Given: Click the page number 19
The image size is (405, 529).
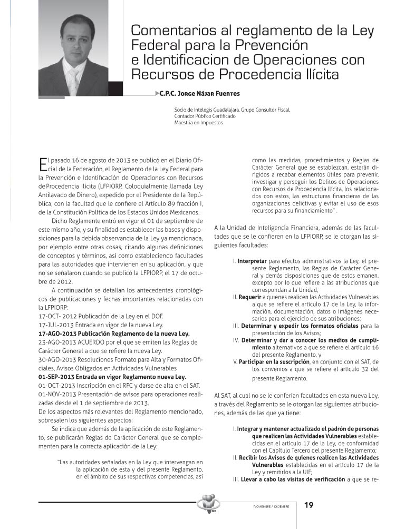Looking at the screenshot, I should tap(309, 505).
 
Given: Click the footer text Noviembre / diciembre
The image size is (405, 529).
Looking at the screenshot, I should tap(271, 506).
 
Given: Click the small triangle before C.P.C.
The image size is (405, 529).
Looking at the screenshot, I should tap(159, 93).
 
